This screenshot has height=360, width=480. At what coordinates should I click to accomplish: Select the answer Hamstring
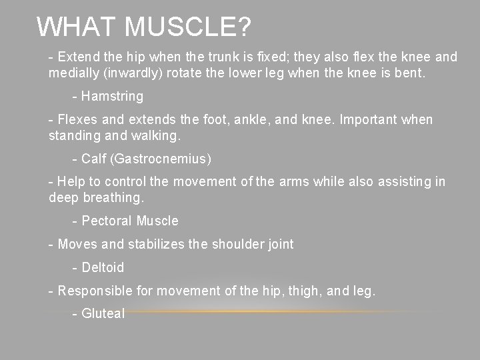(x=112, y=96)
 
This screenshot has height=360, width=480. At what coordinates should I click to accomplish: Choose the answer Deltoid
(x=103, y=267)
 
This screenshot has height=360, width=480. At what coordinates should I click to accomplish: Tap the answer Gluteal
(x=103, y=313)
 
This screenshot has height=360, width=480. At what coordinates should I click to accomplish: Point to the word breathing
(x=113, y=198)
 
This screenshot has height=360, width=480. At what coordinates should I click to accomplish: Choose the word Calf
(x=93, y=159)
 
